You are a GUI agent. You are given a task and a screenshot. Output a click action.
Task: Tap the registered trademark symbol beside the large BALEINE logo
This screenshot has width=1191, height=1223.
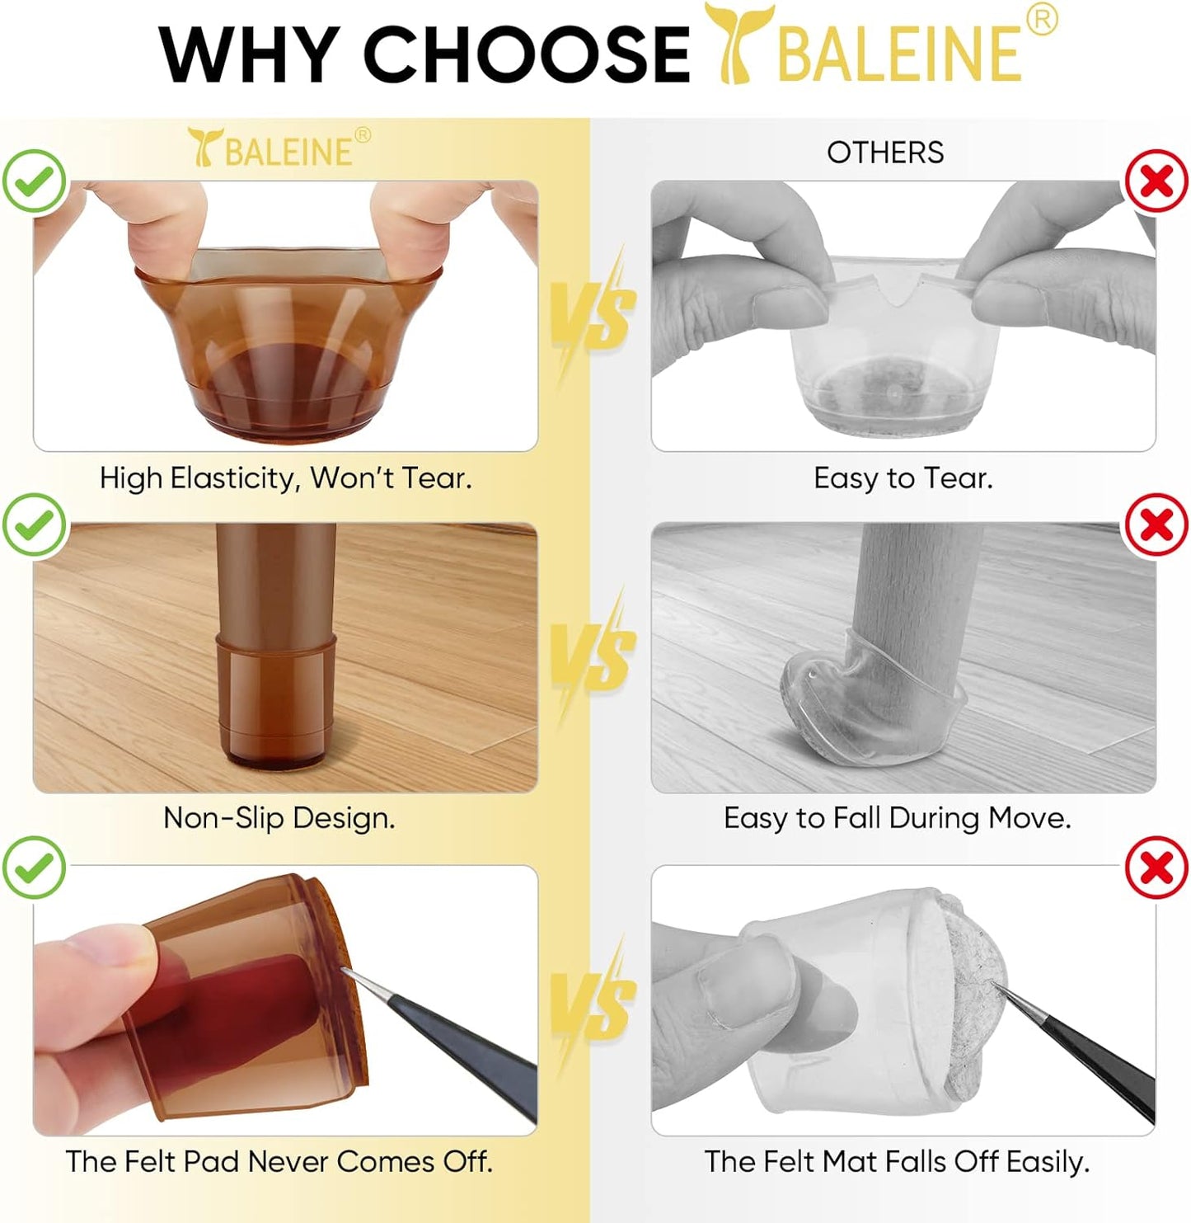point(1042,19)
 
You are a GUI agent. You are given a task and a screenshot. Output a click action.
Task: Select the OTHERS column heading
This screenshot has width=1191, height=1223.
point(885,153)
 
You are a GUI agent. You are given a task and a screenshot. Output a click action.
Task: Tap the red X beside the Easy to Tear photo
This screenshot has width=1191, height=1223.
point(1156,181)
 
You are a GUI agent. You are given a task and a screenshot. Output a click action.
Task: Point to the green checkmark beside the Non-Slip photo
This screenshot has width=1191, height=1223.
point(35,524)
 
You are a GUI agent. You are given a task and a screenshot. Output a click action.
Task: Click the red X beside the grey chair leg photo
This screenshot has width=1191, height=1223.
point(1156,524)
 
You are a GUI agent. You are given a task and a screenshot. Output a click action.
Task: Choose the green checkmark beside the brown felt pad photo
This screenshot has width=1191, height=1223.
point(35,868)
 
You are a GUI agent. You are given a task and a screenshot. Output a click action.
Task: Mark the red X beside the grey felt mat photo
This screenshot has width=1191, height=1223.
point(1156,868)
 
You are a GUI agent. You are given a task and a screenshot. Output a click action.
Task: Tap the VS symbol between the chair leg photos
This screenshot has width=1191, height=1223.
point(593,656)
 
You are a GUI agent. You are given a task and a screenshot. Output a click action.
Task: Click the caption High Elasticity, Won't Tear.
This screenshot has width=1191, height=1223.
point(285,478)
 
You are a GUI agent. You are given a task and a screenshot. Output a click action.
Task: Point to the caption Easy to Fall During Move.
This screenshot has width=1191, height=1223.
point(897,818)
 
